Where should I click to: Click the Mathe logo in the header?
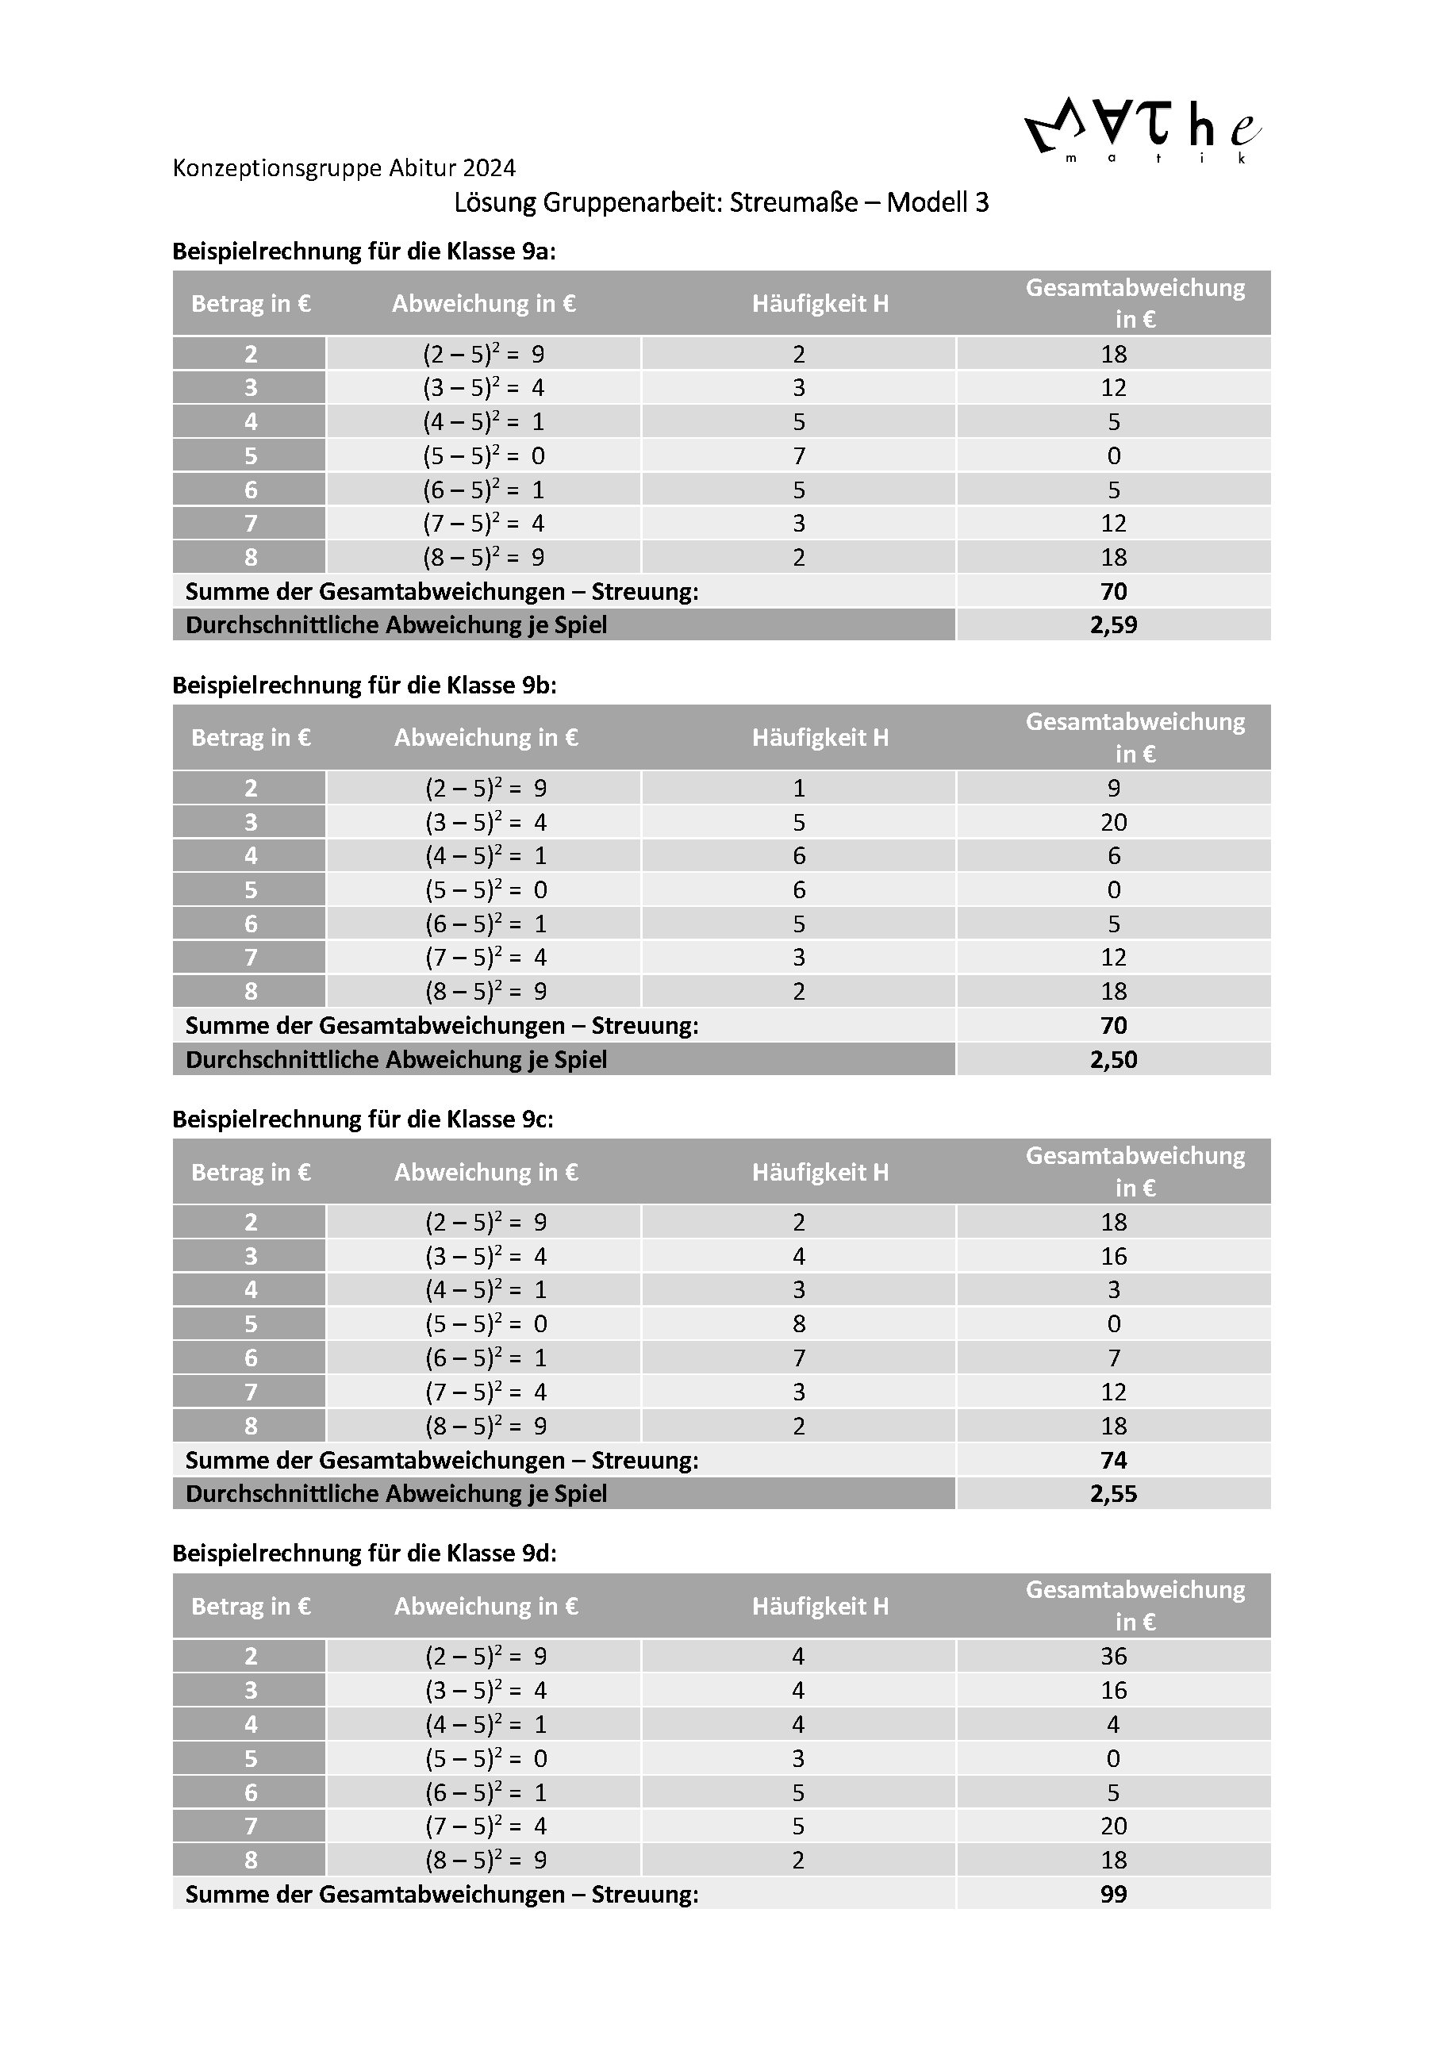(1143, 130)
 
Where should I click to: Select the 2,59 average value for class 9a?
(1114, 625)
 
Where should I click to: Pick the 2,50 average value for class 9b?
(1114, 1059)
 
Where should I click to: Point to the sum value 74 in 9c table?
(1114, 1461)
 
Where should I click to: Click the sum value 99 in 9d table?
(1114, 1895)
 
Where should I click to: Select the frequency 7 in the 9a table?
(798, 455)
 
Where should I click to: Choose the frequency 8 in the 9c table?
(798, 1324)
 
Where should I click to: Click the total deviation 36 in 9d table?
(1114, 1656)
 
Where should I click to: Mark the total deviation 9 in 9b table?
(1114, 788)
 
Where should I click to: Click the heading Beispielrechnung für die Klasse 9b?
(364, 686)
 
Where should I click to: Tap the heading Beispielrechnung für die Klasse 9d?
(364, 1554)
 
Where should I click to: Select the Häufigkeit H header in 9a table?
(820, 304)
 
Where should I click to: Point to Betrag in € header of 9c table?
(251, 1172)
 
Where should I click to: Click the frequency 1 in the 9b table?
(798, 788)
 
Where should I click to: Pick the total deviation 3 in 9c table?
(1114, 1290)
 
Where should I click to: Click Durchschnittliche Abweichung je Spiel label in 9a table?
(397, 625)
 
